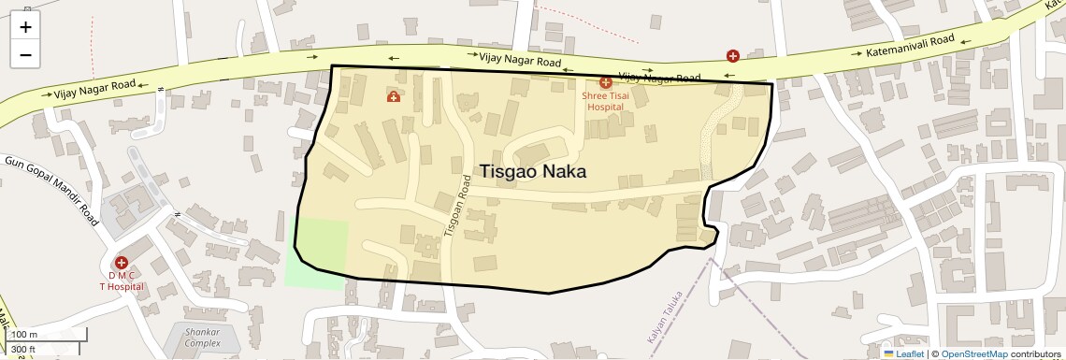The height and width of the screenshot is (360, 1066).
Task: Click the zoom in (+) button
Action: pos(25,26)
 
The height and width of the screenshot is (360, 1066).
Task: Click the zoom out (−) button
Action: pos(25,54)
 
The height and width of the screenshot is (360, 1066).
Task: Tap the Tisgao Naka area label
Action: pos(533,172)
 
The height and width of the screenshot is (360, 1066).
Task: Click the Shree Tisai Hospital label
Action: pos(605,101)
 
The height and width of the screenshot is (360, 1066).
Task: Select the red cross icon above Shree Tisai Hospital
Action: pos(606,83)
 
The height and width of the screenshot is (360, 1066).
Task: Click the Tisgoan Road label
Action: pos(455,207)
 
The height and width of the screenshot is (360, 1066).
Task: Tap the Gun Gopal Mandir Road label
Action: pos(52,189)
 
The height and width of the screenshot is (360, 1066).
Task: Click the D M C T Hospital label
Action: pos(122,281)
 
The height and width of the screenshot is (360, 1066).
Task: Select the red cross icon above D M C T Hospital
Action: pos(122,263)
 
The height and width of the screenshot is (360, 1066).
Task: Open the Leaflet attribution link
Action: pos(903,353)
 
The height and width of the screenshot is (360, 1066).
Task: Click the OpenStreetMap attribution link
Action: pos(973,353)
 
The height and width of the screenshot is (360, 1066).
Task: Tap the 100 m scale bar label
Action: pos(24,335)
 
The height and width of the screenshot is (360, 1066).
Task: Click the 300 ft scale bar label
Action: pos(23,350)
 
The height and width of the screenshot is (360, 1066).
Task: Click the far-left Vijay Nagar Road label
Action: pos(94,90)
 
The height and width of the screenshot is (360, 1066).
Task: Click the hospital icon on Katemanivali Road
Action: pos(733,56)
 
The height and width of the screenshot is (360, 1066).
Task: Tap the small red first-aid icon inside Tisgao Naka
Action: pos(394,96)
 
